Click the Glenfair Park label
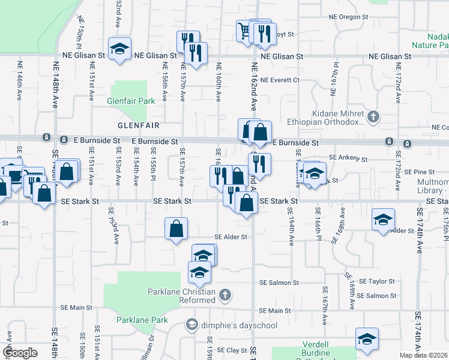[127, 101]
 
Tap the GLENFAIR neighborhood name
[138, 125]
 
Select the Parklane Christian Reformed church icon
[224, 295]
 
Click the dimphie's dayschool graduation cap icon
[191, 325]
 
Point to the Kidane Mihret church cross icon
[373, 116]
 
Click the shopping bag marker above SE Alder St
[176, 229]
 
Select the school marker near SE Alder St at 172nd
[383, 220]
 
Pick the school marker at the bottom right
[367, 339]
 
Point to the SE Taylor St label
[376, 281]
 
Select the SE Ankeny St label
[348, 158]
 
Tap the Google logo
[20, 353]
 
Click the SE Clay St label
[229, 350]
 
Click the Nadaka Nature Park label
[430, 40]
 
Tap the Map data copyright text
[424, 355]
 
